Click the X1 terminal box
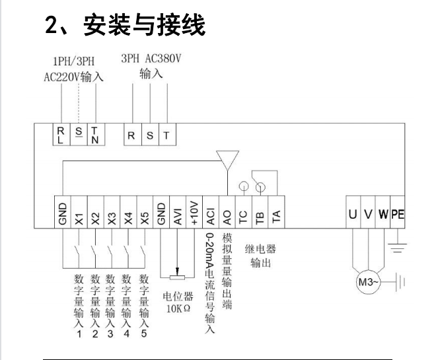79,215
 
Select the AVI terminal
178,215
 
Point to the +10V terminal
194,215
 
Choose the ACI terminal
211,215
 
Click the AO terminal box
227,215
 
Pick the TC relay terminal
244,215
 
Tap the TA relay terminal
276,215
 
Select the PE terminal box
397,215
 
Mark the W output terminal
382,215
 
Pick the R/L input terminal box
61,135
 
